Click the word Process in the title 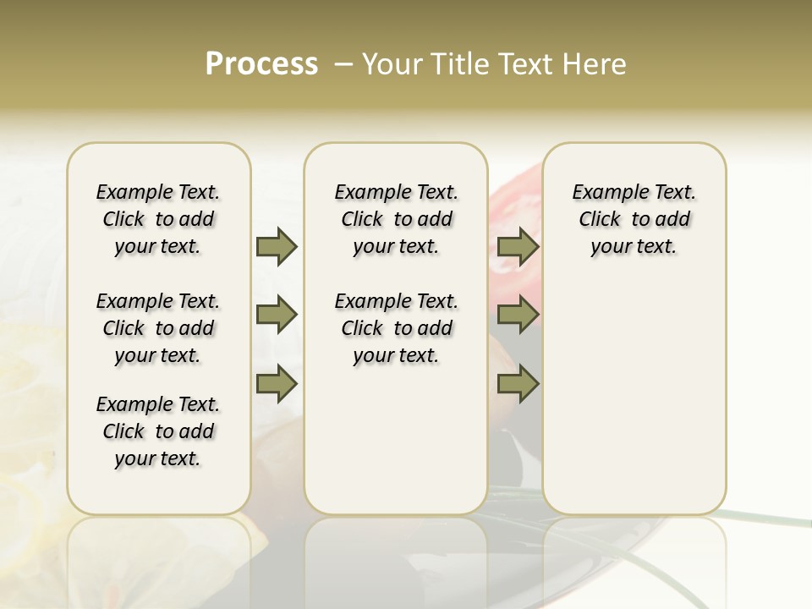261,64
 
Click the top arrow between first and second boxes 277,247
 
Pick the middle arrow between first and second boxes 277,315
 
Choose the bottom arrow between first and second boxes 277,384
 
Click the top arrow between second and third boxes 518,247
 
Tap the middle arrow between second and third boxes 518,315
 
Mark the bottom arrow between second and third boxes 518,384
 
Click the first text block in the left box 158,219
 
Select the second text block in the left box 158,328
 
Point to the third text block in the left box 158,431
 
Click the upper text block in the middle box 396,219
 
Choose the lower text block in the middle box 396,328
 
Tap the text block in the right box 634,219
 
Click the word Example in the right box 604,193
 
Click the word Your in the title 392,64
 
